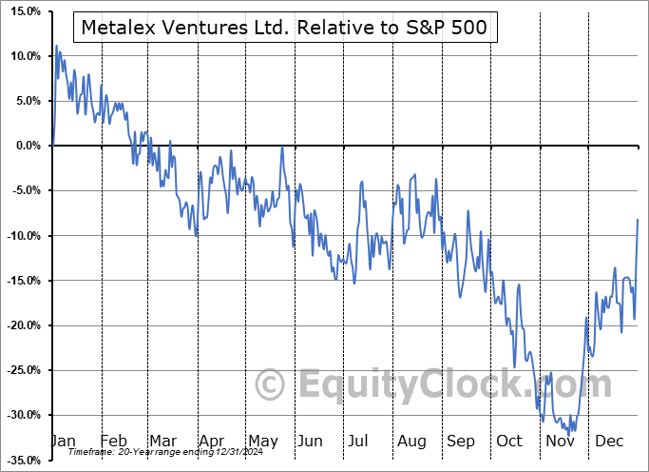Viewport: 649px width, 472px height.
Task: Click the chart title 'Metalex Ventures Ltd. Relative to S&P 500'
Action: pos(284,28)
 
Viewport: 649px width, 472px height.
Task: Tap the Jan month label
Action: pos(63,441)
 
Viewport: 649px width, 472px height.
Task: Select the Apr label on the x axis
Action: pos(211,441)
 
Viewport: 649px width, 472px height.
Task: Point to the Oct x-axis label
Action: pos(510,441)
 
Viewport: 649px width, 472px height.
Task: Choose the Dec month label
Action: pos(610,441)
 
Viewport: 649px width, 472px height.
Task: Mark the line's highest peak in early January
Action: pos(57,45)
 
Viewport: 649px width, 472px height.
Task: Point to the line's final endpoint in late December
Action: pos(638,220)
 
